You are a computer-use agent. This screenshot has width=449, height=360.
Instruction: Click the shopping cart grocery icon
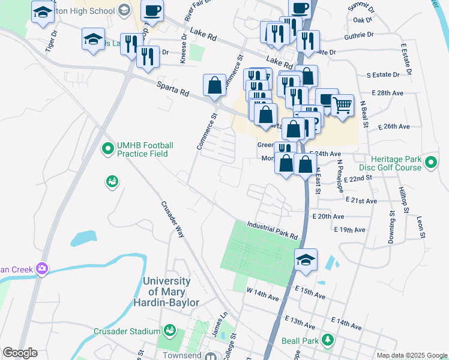pyautogui.click(x=342, y=105)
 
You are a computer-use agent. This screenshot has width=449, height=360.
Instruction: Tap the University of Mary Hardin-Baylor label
pyautogui.click(x=170, y=292)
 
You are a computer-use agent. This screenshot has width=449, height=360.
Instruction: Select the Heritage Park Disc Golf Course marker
pyautogui.click(x=430, y=162)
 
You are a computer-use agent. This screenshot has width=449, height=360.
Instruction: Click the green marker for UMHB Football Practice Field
pyautogui.click(x=108, y=147)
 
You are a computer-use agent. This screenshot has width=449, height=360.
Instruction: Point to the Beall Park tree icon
pyautogui.click(x=327, y=341)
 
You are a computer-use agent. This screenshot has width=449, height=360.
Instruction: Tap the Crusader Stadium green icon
pyautogui.click(x=170, y=331)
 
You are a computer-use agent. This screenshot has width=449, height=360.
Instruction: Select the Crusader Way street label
pyautogui.click(x=172, y=219)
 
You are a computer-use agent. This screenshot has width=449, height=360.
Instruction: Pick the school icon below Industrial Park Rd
pyautogui.click(x=306, y=260)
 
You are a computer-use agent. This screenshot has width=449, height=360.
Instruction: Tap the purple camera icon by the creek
pyautogui.click(x=41, y=268)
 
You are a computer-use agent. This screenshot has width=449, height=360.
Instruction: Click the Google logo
pyautogui.click(x=20, y=353)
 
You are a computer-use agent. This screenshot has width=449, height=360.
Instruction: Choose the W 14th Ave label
pyautogui.click(x=263, y=293)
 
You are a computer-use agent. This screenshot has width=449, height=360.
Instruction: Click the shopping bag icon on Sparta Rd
pyautogui.click(x=214, y=85)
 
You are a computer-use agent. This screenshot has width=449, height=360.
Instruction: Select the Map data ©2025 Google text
pyautogui.click(x=411, y=355)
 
